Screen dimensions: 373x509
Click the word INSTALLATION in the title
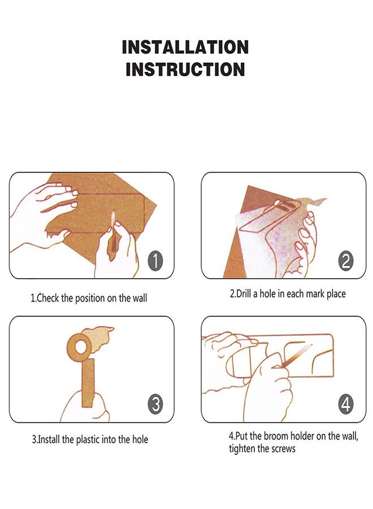click(x=185, y=47)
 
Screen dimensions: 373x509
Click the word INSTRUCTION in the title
click(x=185, y=69)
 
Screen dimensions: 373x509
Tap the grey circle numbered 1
click(x=155, y=261)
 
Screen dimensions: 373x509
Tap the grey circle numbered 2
click(x=346, y=261)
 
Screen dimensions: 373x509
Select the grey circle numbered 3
click(x=155, y=404)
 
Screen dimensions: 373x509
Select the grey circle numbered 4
click(x=346, y=404)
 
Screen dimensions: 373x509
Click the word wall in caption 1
click(x=140, y=297)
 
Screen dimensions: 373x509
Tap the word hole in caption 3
click(x=140, y=439)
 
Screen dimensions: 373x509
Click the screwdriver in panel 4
click(x=292, y=356)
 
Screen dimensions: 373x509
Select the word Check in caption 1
click(x=48, y=297)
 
